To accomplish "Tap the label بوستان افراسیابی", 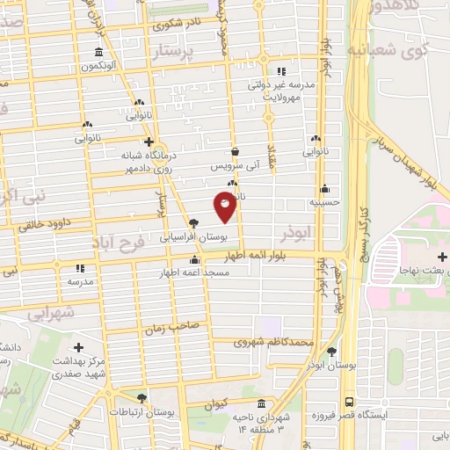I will (194, 237).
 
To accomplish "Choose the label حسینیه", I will (324, 202).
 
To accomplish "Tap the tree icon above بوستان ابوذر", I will (331, 352).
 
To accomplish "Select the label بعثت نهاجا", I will (423, 271).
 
